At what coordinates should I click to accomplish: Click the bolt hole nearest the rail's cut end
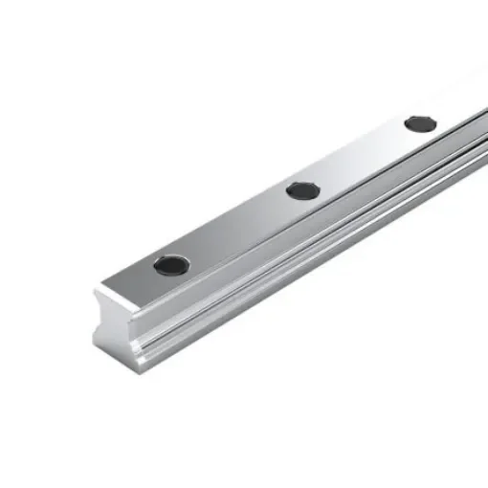(171, 265)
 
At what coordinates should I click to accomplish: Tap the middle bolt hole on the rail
(302, 190)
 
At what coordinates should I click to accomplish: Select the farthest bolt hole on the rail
(420, 123)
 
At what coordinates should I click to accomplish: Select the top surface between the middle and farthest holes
(362, 157)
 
